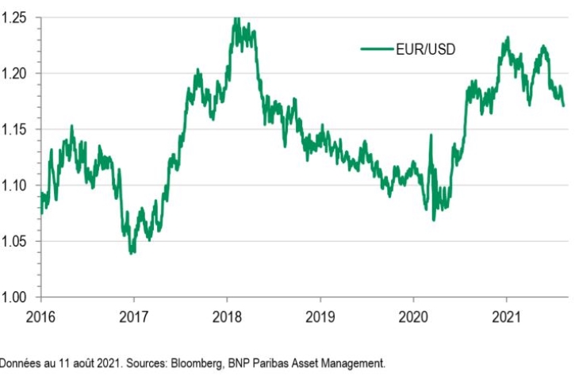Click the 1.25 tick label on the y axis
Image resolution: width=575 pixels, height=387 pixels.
point(15,17)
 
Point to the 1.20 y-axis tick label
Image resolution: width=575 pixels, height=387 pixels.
point(15,74)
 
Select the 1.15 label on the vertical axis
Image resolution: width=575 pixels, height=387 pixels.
point(15,129)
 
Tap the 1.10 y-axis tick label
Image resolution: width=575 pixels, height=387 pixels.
point(15,186)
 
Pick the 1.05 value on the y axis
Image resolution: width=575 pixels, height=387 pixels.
point(15,242)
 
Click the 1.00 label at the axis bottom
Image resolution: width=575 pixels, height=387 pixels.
point(15,297)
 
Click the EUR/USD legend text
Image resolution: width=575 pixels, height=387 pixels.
point(425,49)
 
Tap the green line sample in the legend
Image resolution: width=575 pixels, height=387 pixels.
point(377,49)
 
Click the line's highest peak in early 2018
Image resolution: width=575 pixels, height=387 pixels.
point(236,19)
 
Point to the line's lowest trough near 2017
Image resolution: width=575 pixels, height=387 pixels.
point(131,252)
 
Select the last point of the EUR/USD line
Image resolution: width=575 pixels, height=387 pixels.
point(563,105)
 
